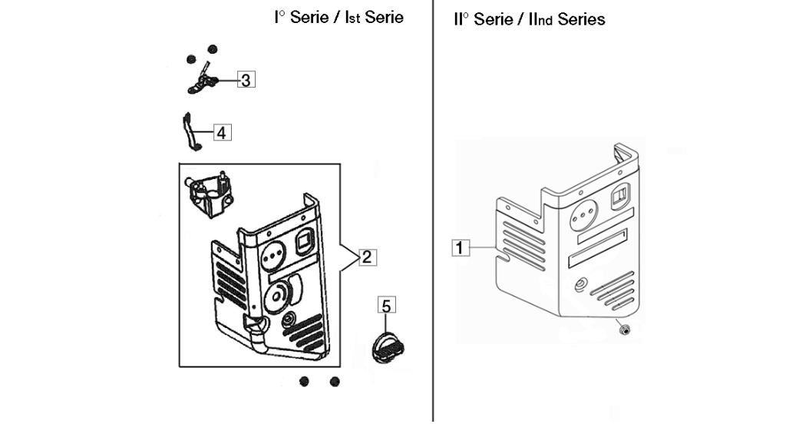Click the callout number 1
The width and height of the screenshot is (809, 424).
(x=461, y=247)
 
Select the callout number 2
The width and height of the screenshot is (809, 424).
(x=366, y=257)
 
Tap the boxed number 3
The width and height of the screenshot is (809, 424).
(x=246, y=80)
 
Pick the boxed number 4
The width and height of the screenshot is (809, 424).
(x=221, y=133)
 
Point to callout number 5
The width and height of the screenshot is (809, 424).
(x=387, y=305)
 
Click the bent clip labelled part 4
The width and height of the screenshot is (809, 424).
(x=190, y=131)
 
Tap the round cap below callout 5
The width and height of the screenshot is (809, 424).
(x=388, y=347)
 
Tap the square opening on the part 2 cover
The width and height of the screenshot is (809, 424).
(x=305, y=241)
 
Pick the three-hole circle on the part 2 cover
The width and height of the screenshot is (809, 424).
(x=272, y=256)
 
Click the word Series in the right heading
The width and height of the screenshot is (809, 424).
(x=582, y=20)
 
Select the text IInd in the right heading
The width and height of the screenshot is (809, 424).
(x=540, y=20)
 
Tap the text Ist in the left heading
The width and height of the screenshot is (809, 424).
(x=351, y=18)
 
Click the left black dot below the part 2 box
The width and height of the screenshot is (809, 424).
(x=304, y=382)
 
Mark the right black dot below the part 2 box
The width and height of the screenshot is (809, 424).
(x=335, y=382)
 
